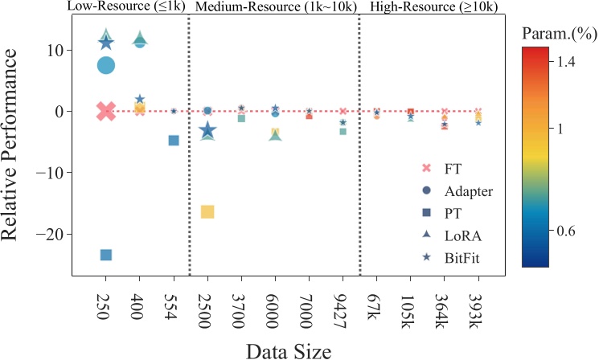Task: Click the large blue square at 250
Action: tap(105, 255)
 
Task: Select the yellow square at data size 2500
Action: tap(207, 212)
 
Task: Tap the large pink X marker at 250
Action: tap(105, 112)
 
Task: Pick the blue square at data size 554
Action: tap(174, 140)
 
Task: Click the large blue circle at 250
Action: tap(106, 65)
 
